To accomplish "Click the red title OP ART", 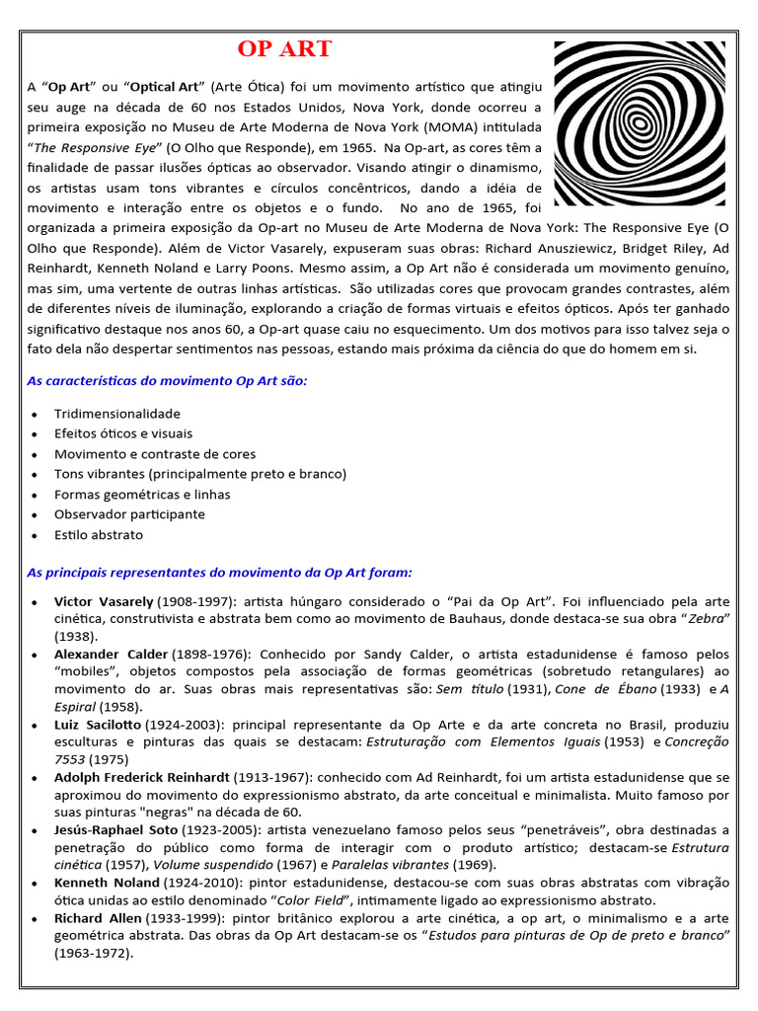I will [284, 49].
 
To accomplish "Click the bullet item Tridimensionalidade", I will [117, 414].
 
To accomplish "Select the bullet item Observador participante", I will [129, 514].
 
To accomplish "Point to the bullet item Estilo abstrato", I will [99, 535].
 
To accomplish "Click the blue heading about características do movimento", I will [167, 380].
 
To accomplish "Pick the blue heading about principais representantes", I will [219, 572].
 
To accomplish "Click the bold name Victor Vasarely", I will [104, 601].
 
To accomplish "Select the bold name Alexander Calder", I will [111, 655].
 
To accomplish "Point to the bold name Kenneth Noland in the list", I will [107, 883].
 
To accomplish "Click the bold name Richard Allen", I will [97, 918].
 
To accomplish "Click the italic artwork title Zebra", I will [706, 618].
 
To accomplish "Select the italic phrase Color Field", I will [314, 900].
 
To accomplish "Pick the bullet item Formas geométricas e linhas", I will [142, 495].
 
